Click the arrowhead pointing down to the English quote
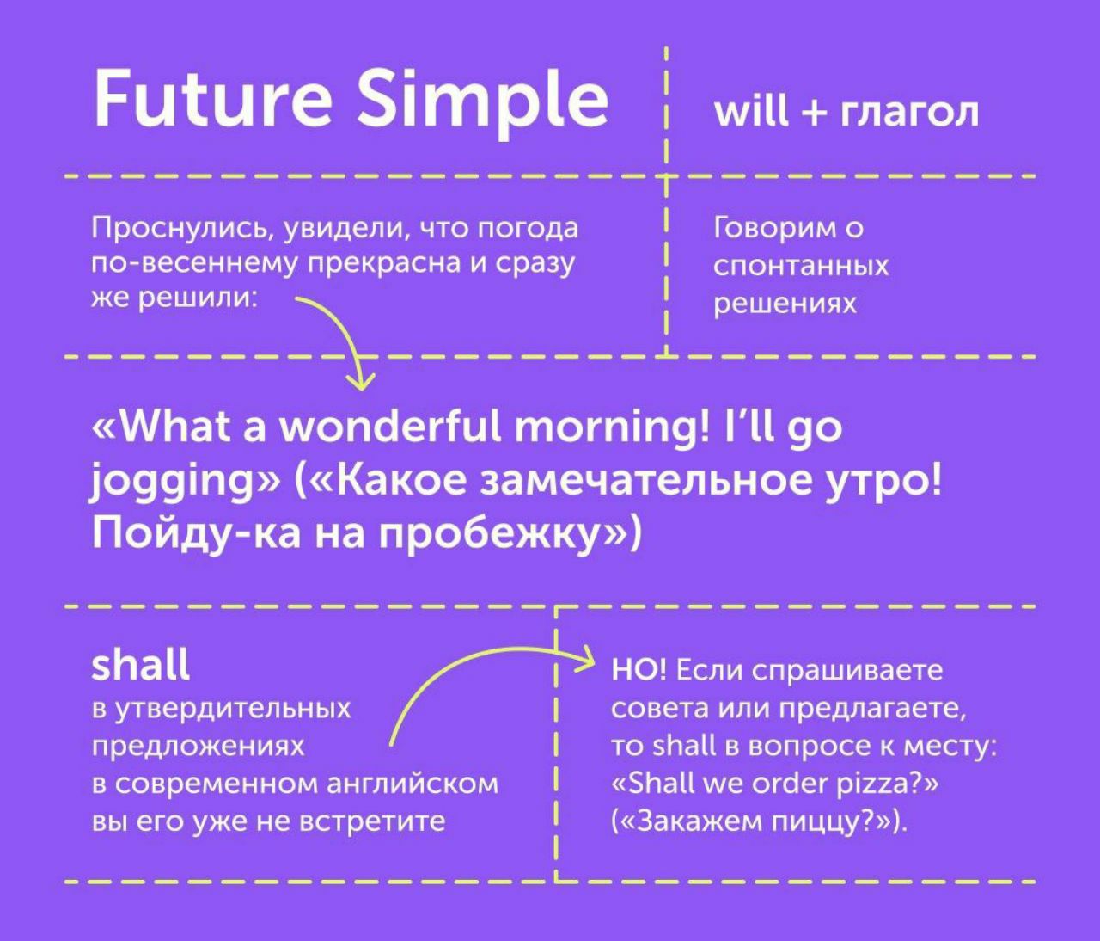pos(361,381)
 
